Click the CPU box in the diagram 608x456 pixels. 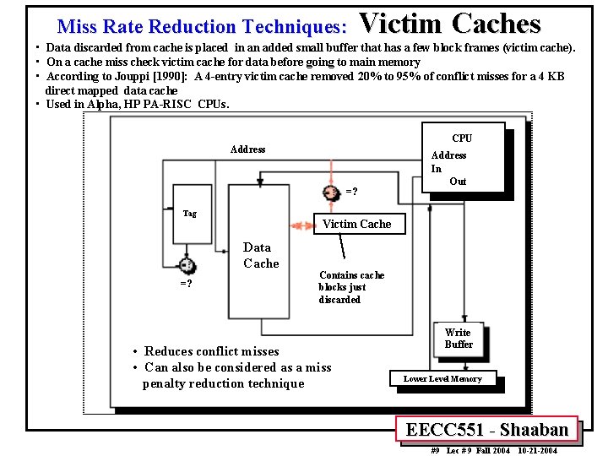click(466, 158)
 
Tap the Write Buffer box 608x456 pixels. click(458, 339)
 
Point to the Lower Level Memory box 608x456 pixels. click(442, 379)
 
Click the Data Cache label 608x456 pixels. click(260, 255)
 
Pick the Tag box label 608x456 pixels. click(190, 213)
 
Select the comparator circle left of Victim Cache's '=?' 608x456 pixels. click(332, 193)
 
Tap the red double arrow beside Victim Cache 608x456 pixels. click(301, 225)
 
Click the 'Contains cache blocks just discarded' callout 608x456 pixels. click(350, 287)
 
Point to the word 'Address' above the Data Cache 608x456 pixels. click(247, 149)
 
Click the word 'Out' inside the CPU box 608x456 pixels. click(458, 182)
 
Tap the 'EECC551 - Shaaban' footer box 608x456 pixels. click(486, 430)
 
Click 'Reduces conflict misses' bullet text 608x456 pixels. click(211, 351)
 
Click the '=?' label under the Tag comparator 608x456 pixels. click(186, 284)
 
